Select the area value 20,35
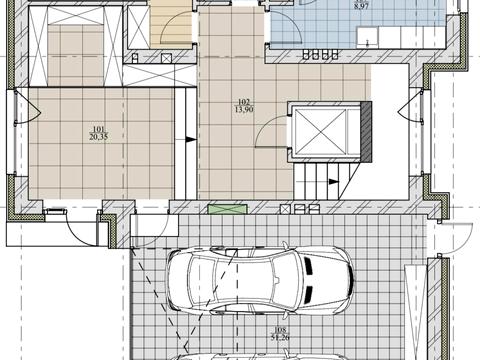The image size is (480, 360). pyautogui.click(x=99, y=136)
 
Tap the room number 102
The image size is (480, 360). pyautogui.click(x=244, y=102)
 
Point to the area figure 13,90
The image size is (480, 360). pyautogui.click(x=244, y=109)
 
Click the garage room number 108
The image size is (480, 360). pyautogui.click(x=280, y=330)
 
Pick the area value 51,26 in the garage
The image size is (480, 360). pyautogui.click(x=280, y=337)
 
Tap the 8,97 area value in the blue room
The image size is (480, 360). pyautogui.click(x=361, y=6)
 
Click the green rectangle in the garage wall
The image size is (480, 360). pyautogui.click(x=228, y=209)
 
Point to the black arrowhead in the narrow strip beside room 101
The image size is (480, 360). pyautogui.click(x=191, y=139)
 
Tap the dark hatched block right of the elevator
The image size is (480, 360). pyautogui.click(x=366, y=132)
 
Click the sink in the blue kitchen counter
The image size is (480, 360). pyautogui.click(x=368, y=38)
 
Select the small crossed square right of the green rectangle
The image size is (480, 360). pyautogui.click(x=286, y=209)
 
